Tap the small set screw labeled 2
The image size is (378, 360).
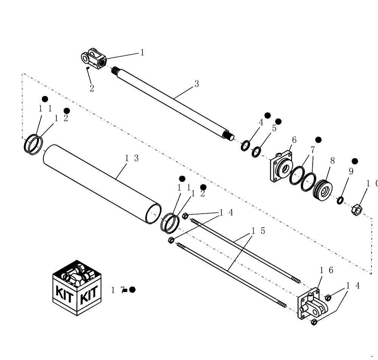(x=88, y=68)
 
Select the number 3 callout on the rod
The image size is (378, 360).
(x=197, y=84)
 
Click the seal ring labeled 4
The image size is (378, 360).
(x=245, y=146)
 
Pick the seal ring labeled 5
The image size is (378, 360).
(x=256, y=152)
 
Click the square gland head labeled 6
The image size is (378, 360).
(x=281, y=166)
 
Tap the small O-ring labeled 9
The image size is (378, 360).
(x=340, y=200)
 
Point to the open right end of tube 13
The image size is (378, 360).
(x=153, y=214)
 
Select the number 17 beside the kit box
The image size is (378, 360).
(x=117, y=290)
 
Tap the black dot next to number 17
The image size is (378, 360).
(x=132, y=290)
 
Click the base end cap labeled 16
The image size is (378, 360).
(x=311, y=305)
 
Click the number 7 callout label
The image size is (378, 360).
(x=313, y=150)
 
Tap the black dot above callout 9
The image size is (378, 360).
(x=355, y=161)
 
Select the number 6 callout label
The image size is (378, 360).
(x=294, y=140)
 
